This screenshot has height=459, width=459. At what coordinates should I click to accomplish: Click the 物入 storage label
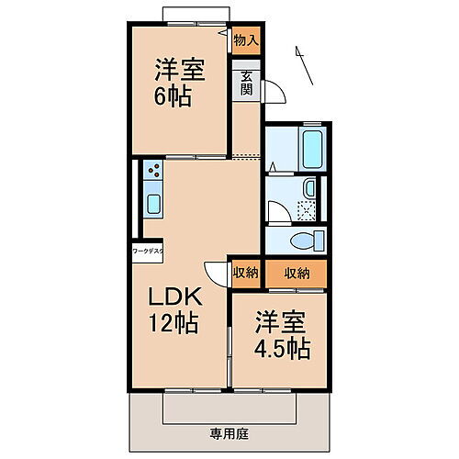(x=245, y=41)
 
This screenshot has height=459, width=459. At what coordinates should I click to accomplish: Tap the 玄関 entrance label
(x=247, y=82)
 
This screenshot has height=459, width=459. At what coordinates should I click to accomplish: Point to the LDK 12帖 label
(x=176, y=310)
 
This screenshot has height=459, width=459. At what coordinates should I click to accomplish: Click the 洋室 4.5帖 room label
(x=281, y=336)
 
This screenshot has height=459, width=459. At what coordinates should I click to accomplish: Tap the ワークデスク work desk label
(x=147, y=250)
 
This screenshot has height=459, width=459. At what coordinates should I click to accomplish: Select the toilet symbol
(x=303, y=241)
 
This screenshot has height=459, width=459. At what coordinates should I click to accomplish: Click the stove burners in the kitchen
(x=153, y=171)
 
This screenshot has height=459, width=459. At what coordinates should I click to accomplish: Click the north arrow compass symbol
(x=304, y=65)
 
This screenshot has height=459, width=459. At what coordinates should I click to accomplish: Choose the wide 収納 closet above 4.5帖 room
(x=296, y=273)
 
